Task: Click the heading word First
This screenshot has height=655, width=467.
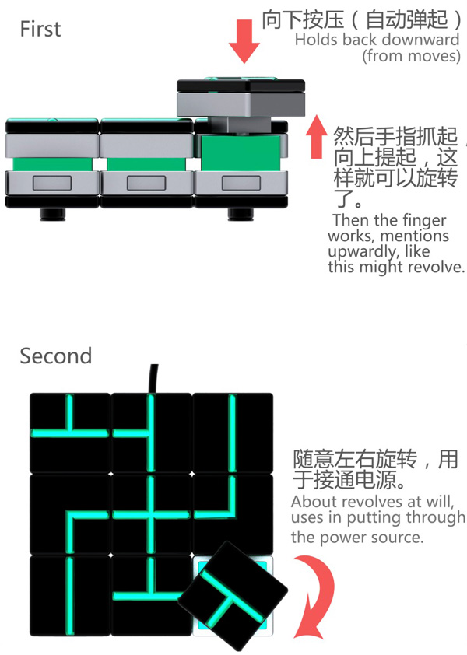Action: (x=40, y=30)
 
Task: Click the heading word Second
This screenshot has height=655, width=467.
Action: (x=55, y=356)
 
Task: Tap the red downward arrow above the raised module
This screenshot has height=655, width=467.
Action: (x=244, y=41)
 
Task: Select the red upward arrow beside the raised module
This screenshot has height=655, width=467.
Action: (x=317, y=137)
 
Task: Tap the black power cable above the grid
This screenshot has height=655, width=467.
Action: (x=153, y=379)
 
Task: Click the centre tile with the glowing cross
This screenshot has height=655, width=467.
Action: (x=151, y=514)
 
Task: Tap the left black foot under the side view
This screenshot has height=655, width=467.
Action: (x=53, y=214)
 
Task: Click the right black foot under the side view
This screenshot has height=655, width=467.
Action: (x=241, y=214)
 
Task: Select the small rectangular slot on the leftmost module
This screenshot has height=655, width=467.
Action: (x=52, y=183)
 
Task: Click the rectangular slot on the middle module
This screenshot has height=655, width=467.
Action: (x=146, y=183)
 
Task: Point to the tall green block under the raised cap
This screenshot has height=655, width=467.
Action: (x=241, y=152)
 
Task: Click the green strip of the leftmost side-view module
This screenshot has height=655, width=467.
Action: (x=52, y=164)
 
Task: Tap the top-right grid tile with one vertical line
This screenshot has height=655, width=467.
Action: (x=233, y=433)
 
